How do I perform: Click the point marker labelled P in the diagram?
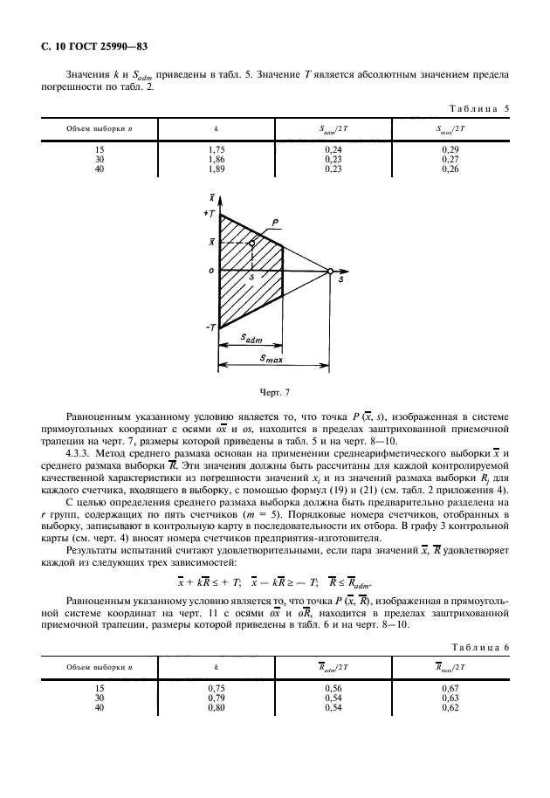[x=251, y=244]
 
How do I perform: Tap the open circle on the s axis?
[x=331, y=272]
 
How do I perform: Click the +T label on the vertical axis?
[x=210, y=214]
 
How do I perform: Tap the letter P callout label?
[x=275, y=224]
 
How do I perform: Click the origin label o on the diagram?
[x=210, y=272]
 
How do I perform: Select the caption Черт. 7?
[x=274, y=393]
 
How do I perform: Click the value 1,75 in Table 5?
[x=216, y=150]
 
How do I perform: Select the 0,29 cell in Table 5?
[x=450, y=150]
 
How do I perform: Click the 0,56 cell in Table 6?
[x=333, y=689]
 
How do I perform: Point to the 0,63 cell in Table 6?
[x=450, y=698]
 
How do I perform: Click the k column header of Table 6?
[x=216, y=668]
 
